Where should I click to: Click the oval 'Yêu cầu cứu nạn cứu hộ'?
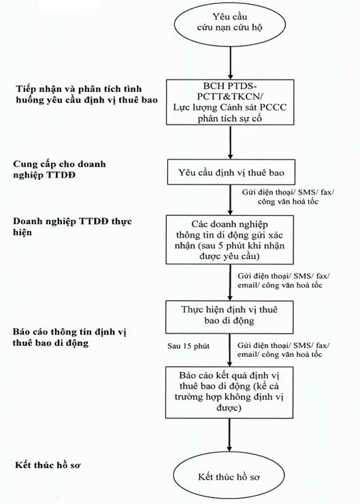click(229, 25)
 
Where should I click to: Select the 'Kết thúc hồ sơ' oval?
click(229, 476)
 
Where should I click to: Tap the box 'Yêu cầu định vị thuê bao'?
click(231, 172)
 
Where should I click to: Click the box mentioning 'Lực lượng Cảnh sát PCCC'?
click(230, 102)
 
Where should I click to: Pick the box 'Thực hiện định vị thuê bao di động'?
click(229, 317)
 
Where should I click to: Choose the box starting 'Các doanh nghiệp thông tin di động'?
click(229, 240)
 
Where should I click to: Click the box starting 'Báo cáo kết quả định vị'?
click(229, 392)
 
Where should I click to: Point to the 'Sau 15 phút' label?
click(189, 346)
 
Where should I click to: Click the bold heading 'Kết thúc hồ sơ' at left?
click(48, 465)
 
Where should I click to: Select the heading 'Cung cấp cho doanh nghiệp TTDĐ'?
click(59, 170)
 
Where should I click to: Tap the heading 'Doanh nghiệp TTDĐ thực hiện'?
click(72, 227)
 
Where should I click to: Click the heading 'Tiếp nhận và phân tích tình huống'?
click(86, 94)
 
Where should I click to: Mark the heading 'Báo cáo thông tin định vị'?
click(69, 337)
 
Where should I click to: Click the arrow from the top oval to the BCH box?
click(230, 63)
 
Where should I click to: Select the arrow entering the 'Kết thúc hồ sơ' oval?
click(229, 435)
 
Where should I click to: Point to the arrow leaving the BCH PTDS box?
click(230, 142)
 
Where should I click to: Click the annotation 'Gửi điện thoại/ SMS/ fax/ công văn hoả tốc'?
click(288, 197)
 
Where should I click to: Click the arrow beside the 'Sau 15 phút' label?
click(229, 350)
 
